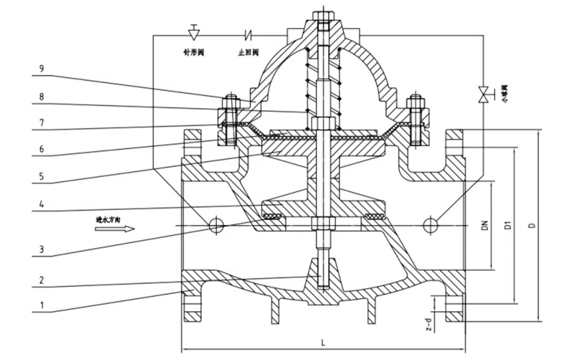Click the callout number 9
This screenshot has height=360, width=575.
click(x=41, y=67)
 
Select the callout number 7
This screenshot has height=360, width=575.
click(x=41, y=122)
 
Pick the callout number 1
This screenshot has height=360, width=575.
click(x=41, y=305)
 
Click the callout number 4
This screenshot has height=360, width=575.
click(x=41, y=205)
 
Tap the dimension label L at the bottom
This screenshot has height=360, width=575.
click(x=324, y=343)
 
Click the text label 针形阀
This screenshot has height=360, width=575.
click(x=194, y=52)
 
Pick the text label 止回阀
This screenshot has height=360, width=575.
click(x=248, y=52)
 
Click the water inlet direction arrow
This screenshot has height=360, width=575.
click(x=115, y=228)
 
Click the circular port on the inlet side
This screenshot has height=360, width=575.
click(x=216, y=225)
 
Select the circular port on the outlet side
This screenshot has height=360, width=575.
click(x=430, y=225)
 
